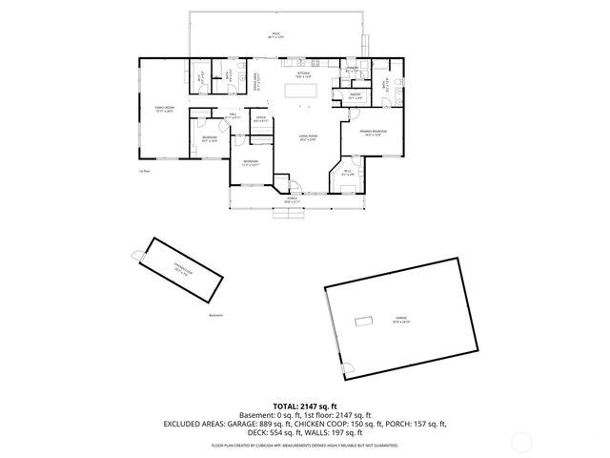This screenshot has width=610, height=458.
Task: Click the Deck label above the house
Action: (x=275, y=34)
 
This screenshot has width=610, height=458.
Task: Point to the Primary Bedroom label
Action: (x=372, y=132)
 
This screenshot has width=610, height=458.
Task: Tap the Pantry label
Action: (x=354, y=95)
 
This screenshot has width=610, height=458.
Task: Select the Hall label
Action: (x=232, y=114)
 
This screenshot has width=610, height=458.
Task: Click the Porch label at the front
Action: (x=292, y=200)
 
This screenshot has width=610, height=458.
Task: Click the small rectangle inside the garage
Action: (x=363, y=320)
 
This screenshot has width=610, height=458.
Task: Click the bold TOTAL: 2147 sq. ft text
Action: (x=305, y=406)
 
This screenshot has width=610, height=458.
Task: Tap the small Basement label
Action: (x=215, y=315)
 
